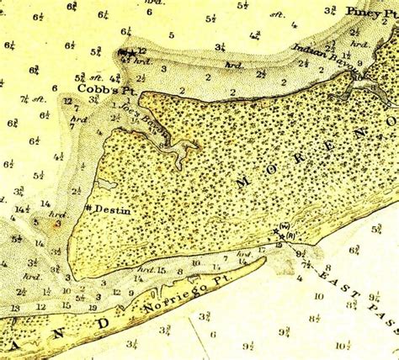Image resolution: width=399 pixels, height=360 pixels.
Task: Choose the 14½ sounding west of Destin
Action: (21, 209)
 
